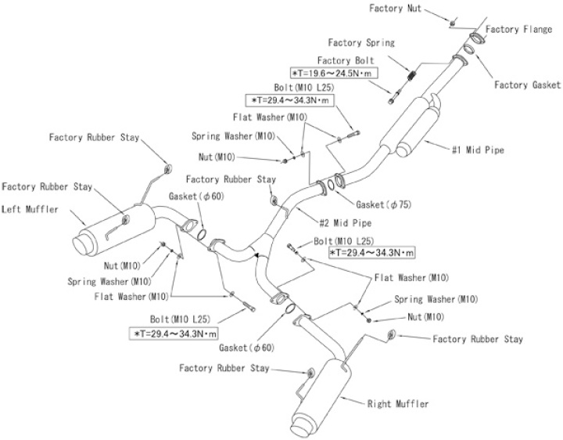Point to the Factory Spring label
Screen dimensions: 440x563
pos(362,43)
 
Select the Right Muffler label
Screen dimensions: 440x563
pos(398,404)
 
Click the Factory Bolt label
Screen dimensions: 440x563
pos(345,60)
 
